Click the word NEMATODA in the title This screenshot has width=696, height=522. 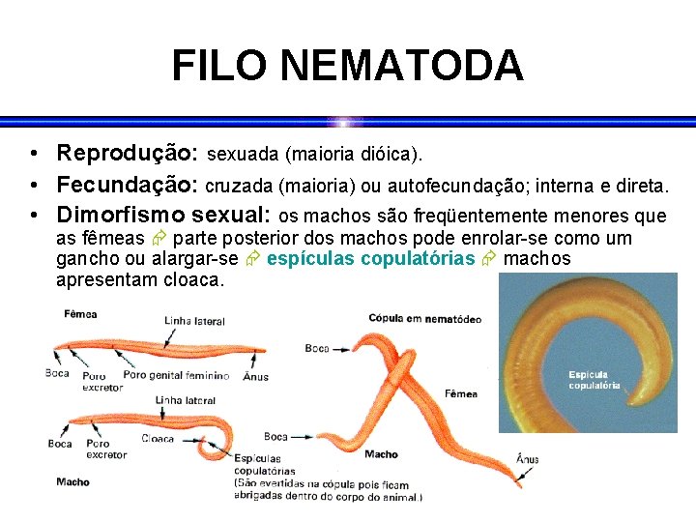402,67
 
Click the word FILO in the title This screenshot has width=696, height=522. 221,67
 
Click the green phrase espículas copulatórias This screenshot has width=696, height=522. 370,259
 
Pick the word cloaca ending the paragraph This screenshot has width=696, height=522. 192,281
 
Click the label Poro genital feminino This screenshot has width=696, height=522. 177,375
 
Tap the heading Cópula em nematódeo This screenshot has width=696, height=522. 424,318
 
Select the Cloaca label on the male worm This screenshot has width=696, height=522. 158,438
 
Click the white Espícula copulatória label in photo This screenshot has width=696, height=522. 594,380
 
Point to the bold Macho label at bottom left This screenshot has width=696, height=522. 72,481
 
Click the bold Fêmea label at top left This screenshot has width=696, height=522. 80,314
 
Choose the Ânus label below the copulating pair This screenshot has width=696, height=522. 527,459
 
